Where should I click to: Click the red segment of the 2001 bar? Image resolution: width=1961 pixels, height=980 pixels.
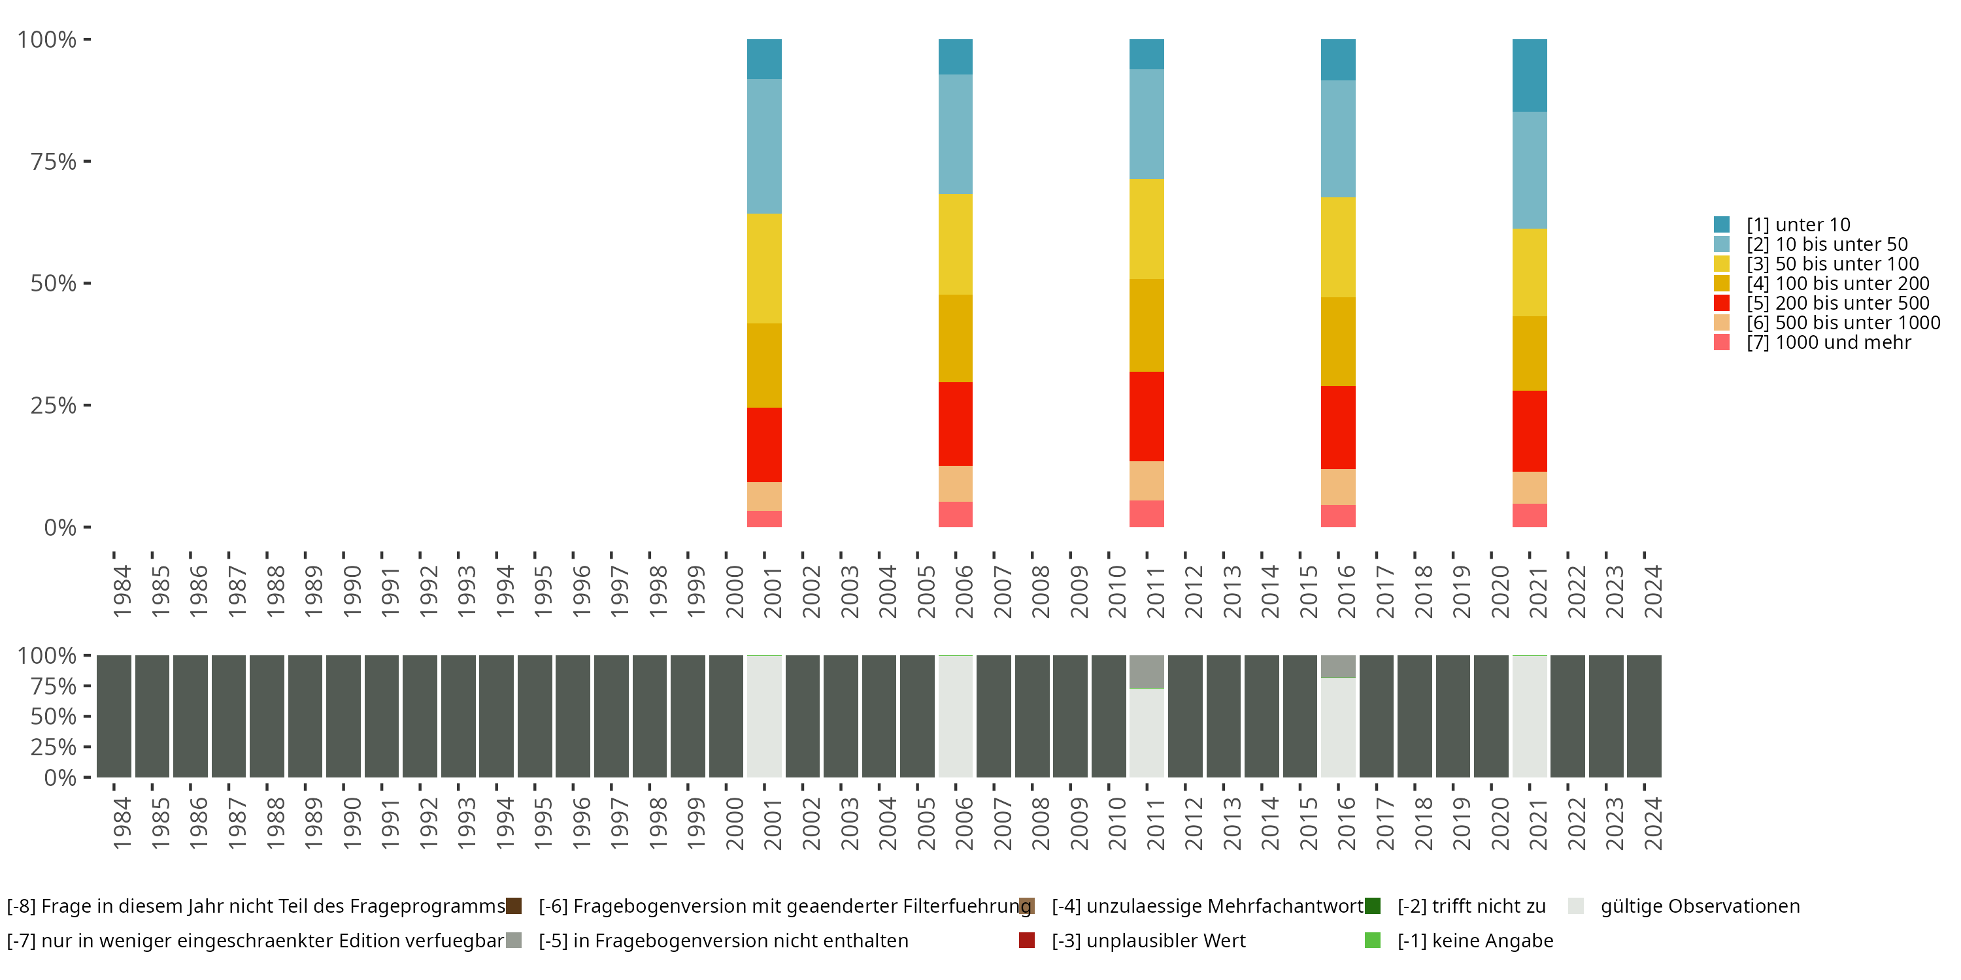tap(763, 444)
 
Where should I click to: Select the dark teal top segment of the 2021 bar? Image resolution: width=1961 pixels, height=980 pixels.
tap(1530, 75)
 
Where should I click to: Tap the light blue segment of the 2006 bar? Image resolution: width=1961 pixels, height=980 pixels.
tap(956, 134)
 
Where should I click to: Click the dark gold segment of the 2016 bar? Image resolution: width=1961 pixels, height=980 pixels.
tap(1337, 342)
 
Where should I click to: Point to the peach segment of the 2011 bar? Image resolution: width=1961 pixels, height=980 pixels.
tap(1147, 480)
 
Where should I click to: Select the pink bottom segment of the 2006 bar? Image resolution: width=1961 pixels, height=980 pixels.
tap(956, 514)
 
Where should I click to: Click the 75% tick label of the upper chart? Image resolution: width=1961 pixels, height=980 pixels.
tap(54, 161)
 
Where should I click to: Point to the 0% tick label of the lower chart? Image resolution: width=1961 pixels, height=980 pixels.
tap(60, 777)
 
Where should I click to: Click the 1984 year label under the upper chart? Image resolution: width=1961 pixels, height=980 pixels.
tap(122, 591)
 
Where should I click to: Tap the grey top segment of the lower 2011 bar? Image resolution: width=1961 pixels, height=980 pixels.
tap(1147, 671)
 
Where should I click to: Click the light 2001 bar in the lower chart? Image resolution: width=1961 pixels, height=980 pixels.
tap(763, 716)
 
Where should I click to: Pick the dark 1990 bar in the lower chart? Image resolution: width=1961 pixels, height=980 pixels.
tap(343, 716)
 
